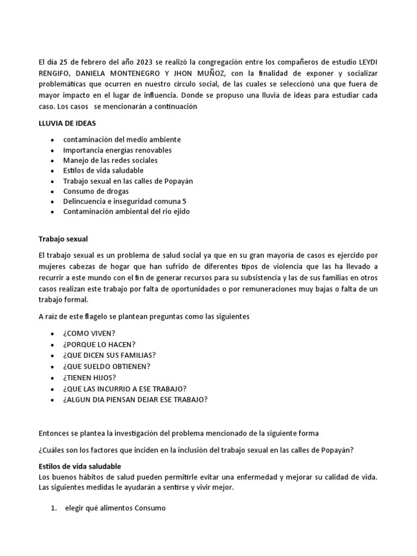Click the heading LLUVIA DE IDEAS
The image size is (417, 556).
67,124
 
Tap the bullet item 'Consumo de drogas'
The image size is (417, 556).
96,191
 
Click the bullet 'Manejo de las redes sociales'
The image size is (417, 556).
110,160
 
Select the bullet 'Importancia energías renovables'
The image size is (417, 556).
117,150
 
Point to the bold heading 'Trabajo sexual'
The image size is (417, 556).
63,238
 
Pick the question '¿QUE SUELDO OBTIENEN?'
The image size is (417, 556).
107,367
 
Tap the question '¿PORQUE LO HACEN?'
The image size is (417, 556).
99,344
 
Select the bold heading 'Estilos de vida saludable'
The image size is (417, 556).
80,466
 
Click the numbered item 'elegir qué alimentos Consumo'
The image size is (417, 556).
115,508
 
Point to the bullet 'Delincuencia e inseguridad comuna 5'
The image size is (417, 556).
124,201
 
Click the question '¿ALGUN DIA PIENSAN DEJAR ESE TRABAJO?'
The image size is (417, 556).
135,400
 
